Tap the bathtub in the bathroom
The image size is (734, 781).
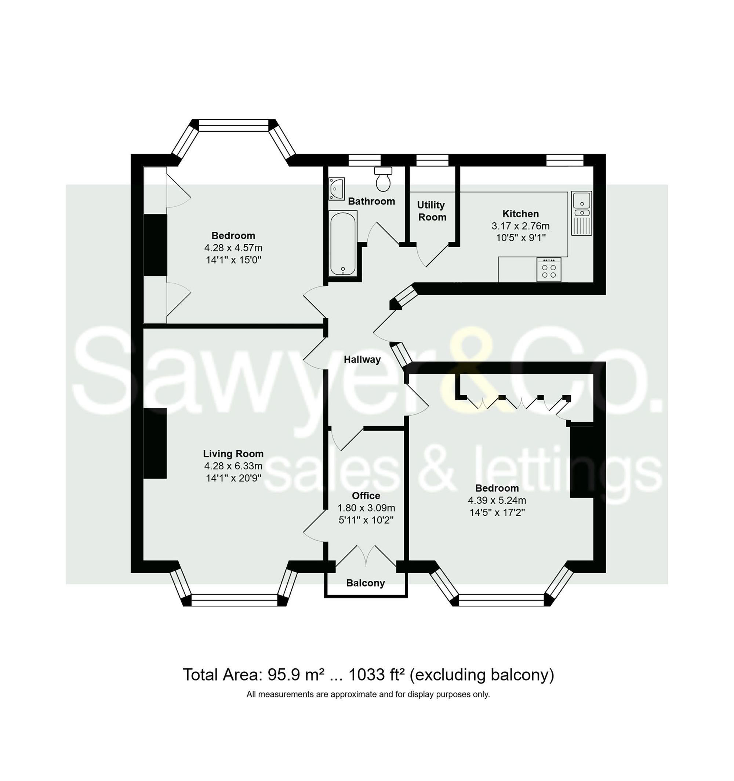[x=343, y=243]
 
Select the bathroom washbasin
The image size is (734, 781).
[x=337, y=188]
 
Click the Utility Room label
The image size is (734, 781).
[x=432, y=211]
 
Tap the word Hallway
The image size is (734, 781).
[x=362, y=359]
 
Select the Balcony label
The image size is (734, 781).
[x=365, y=583]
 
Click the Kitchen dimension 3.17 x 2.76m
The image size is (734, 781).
[x=520, y=226]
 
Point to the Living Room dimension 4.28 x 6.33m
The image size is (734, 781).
[x=233, y=466]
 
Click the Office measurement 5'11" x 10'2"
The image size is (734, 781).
[x=366, y=520]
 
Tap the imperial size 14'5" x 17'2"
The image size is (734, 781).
[x=497, y=513]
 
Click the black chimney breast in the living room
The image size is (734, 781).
[x=155, y=443]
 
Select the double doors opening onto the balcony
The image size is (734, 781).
[x=366, y=555]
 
